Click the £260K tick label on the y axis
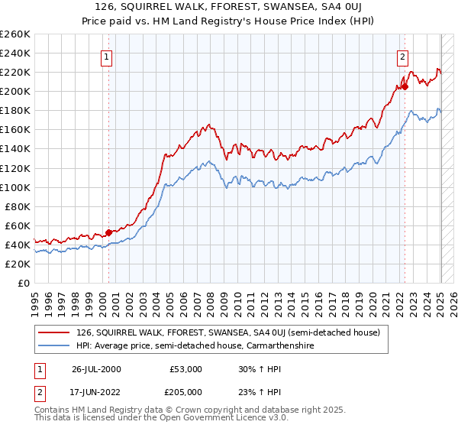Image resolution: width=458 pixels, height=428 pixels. click(x=15, y=34)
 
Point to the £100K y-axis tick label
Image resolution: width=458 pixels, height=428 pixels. click(x=15, y=187)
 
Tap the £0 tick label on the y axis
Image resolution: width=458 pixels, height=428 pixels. click(x=23, y=283)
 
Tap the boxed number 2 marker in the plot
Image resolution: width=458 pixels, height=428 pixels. click(x=402, y=56)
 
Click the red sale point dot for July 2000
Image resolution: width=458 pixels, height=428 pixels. click(x=109, y=232)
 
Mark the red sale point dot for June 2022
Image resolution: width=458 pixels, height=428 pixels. click(x=405, y=86)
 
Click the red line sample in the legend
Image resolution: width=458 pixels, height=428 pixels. click(x=53, y=332)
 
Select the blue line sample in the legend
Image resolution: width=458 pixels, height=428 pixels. click(x=53, y=345)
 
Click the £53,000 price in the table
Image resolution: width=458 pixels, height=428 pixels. click(x=186, y=369)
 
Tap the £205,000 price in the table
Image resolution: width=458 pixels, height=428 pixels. click(x=186, y=391)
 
